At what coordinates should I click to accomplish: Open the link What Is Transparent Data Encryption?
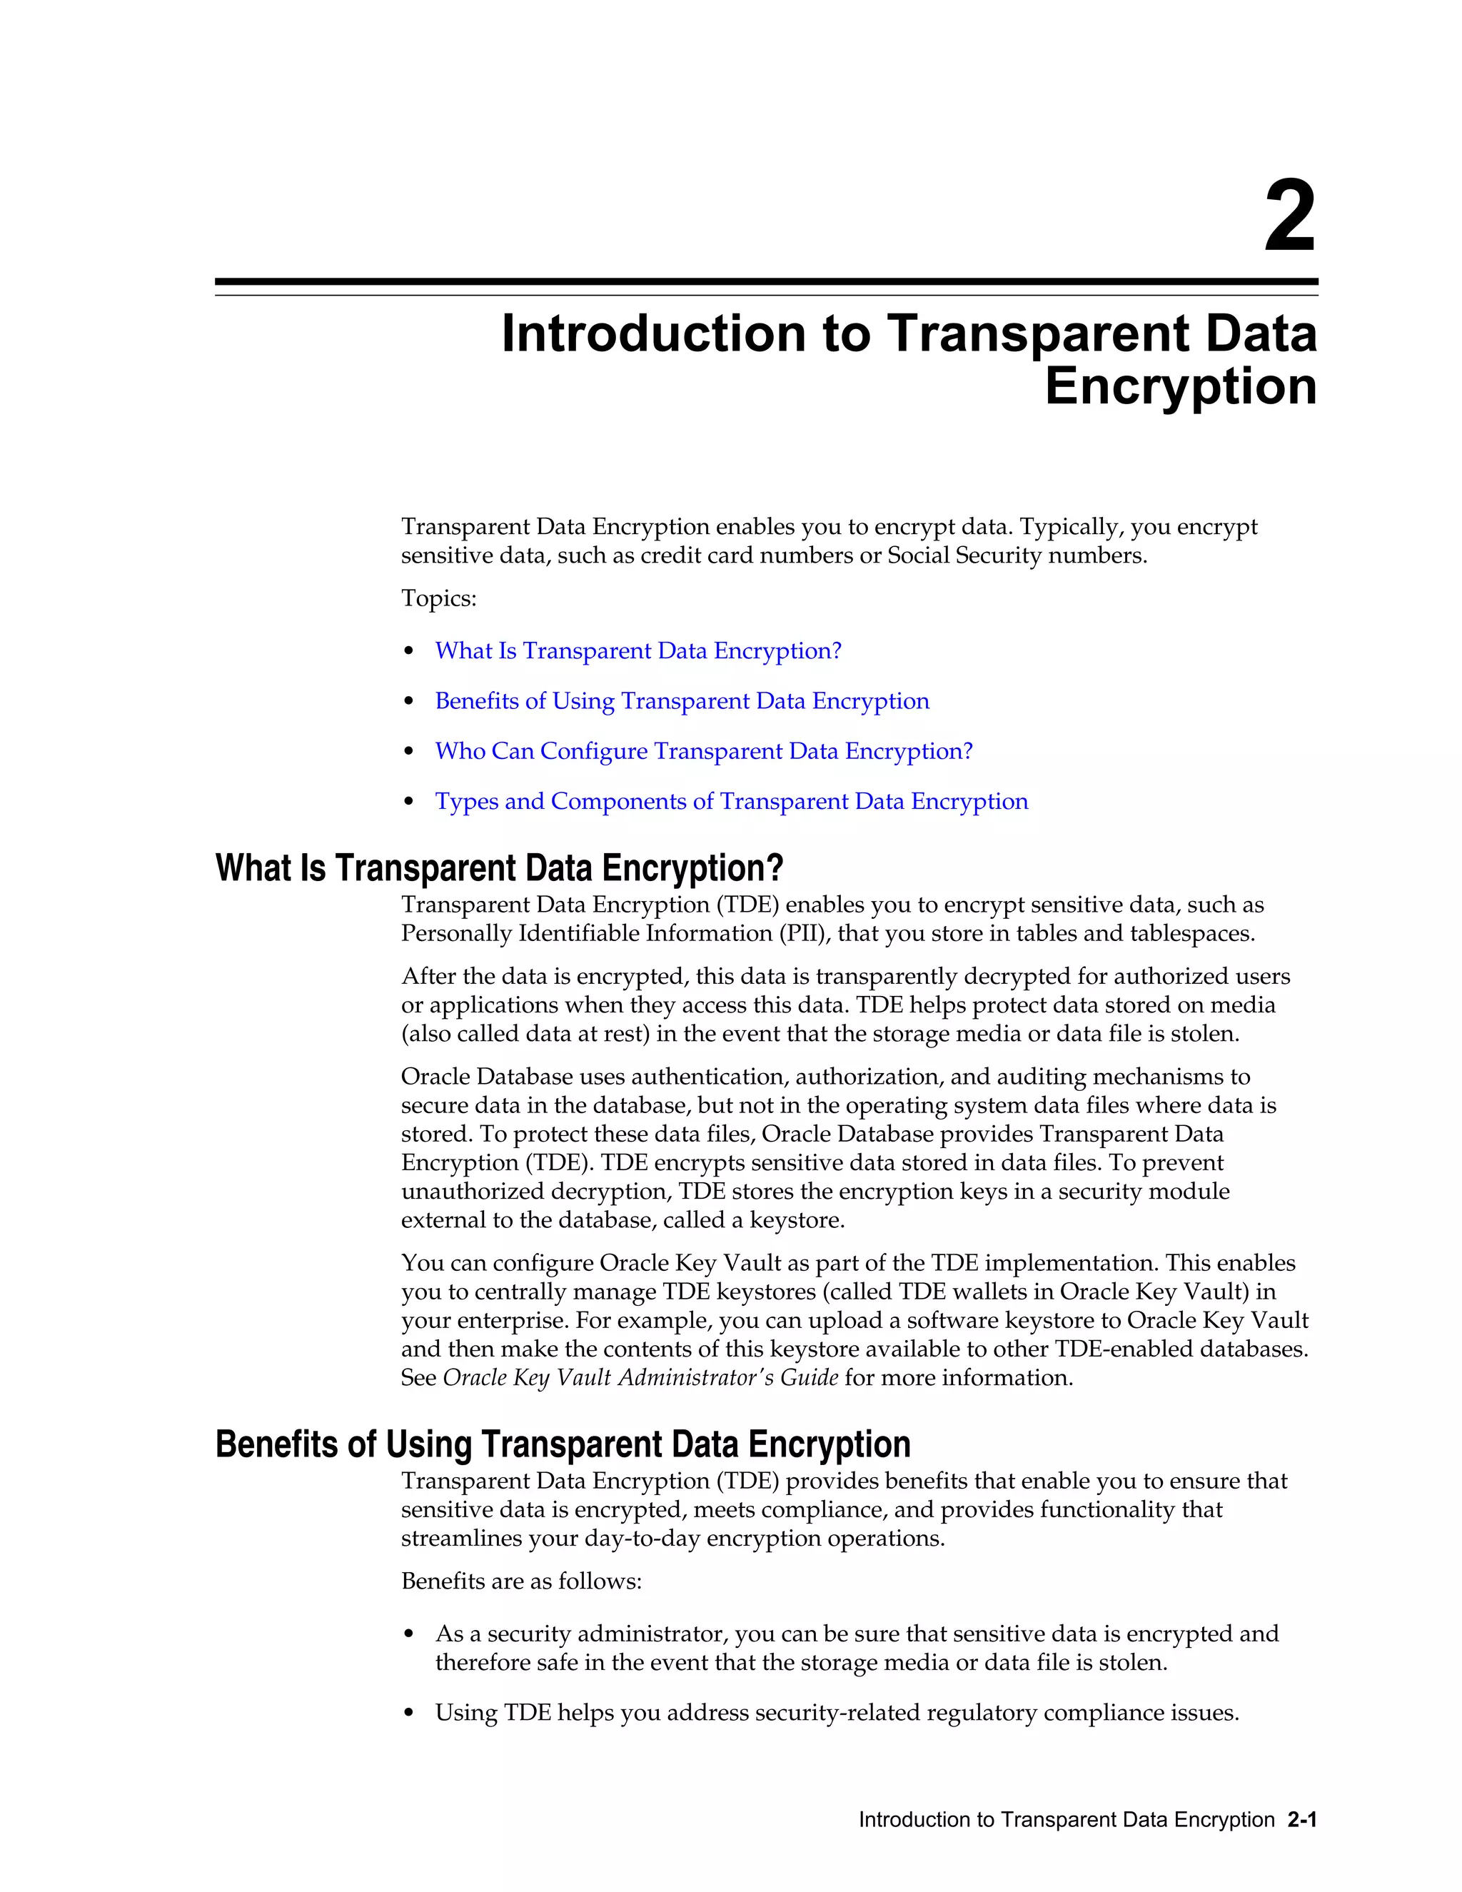(637, 650)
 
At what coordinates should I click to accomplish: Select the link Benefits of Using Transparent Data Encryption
(682, 701)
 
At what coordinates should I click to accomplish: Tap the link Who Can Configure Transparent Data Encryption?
(703, 751)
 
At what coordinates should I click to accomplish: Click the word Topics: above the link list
(438, 598)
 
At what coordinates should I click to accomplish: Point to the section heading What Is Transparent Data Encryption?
(499, 867)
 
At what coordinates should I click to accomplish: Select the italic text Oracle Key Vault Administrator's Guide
(640, 1378)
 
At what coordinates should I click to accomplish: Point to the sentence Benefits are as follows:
(520, 1582)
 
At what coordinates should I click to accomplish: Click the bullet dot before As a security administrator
(409, 1635)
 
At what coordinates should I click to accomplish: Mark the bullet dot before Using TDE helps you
(409, 1714)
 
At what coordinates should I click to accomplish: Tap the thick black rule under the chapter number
(766, 281)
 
